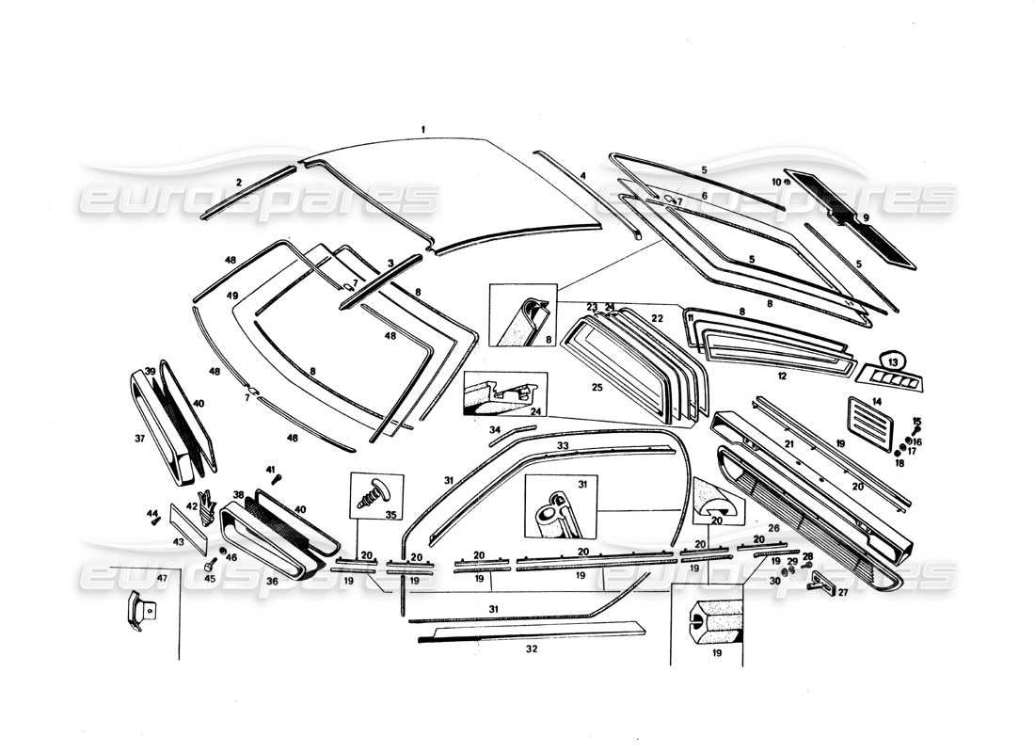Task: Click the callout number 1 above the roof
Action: pyautogui.click(x=424, y=129)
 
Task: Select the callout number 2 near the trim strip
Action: pyautogui.click(x=239, y=182)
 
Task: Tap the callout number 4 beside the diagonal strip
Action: pyautogui.click(x=583, y=175)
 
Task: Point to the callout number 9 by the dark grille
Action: pyautogui.click(x=866, y=217)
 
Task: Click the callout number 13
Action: pyautogui.click(x=894, y=361)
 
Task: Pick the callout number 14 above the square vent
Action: pyautogui.click(x=877, y=402)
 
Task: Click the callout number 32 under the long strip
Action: pyautogui.click(x=531, y=649)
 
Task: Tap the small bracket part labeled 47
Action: pyautogui.click(x=136, y=613)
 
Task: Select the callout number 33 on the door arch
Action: pyautogui.click(x=563, y=444)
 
